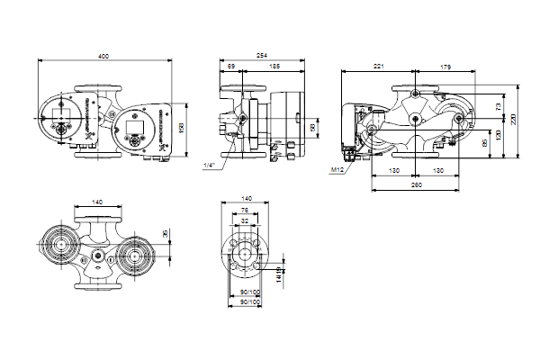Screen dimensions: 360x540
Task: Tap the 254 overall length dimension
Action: pos(260,57)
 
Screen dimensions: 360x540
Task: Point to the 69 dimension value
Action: pos(231,67)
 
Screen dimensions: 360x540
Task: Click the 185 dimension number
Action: pos(273,67)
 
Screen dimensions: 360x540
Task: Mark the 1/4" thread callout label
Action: pos(210,166)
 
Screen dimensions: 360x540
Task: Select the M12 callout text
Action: pos(337,170)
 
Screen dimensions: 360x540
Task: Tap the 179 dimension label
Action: pos(447,67)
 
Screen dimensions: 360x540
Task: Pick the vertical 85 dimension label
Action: pos(486,140)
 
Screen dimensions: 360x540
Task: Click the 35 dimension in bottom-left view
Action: pos(164,234)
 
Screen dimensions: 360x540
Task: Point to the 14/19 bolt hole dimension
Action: pos(281,270)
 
